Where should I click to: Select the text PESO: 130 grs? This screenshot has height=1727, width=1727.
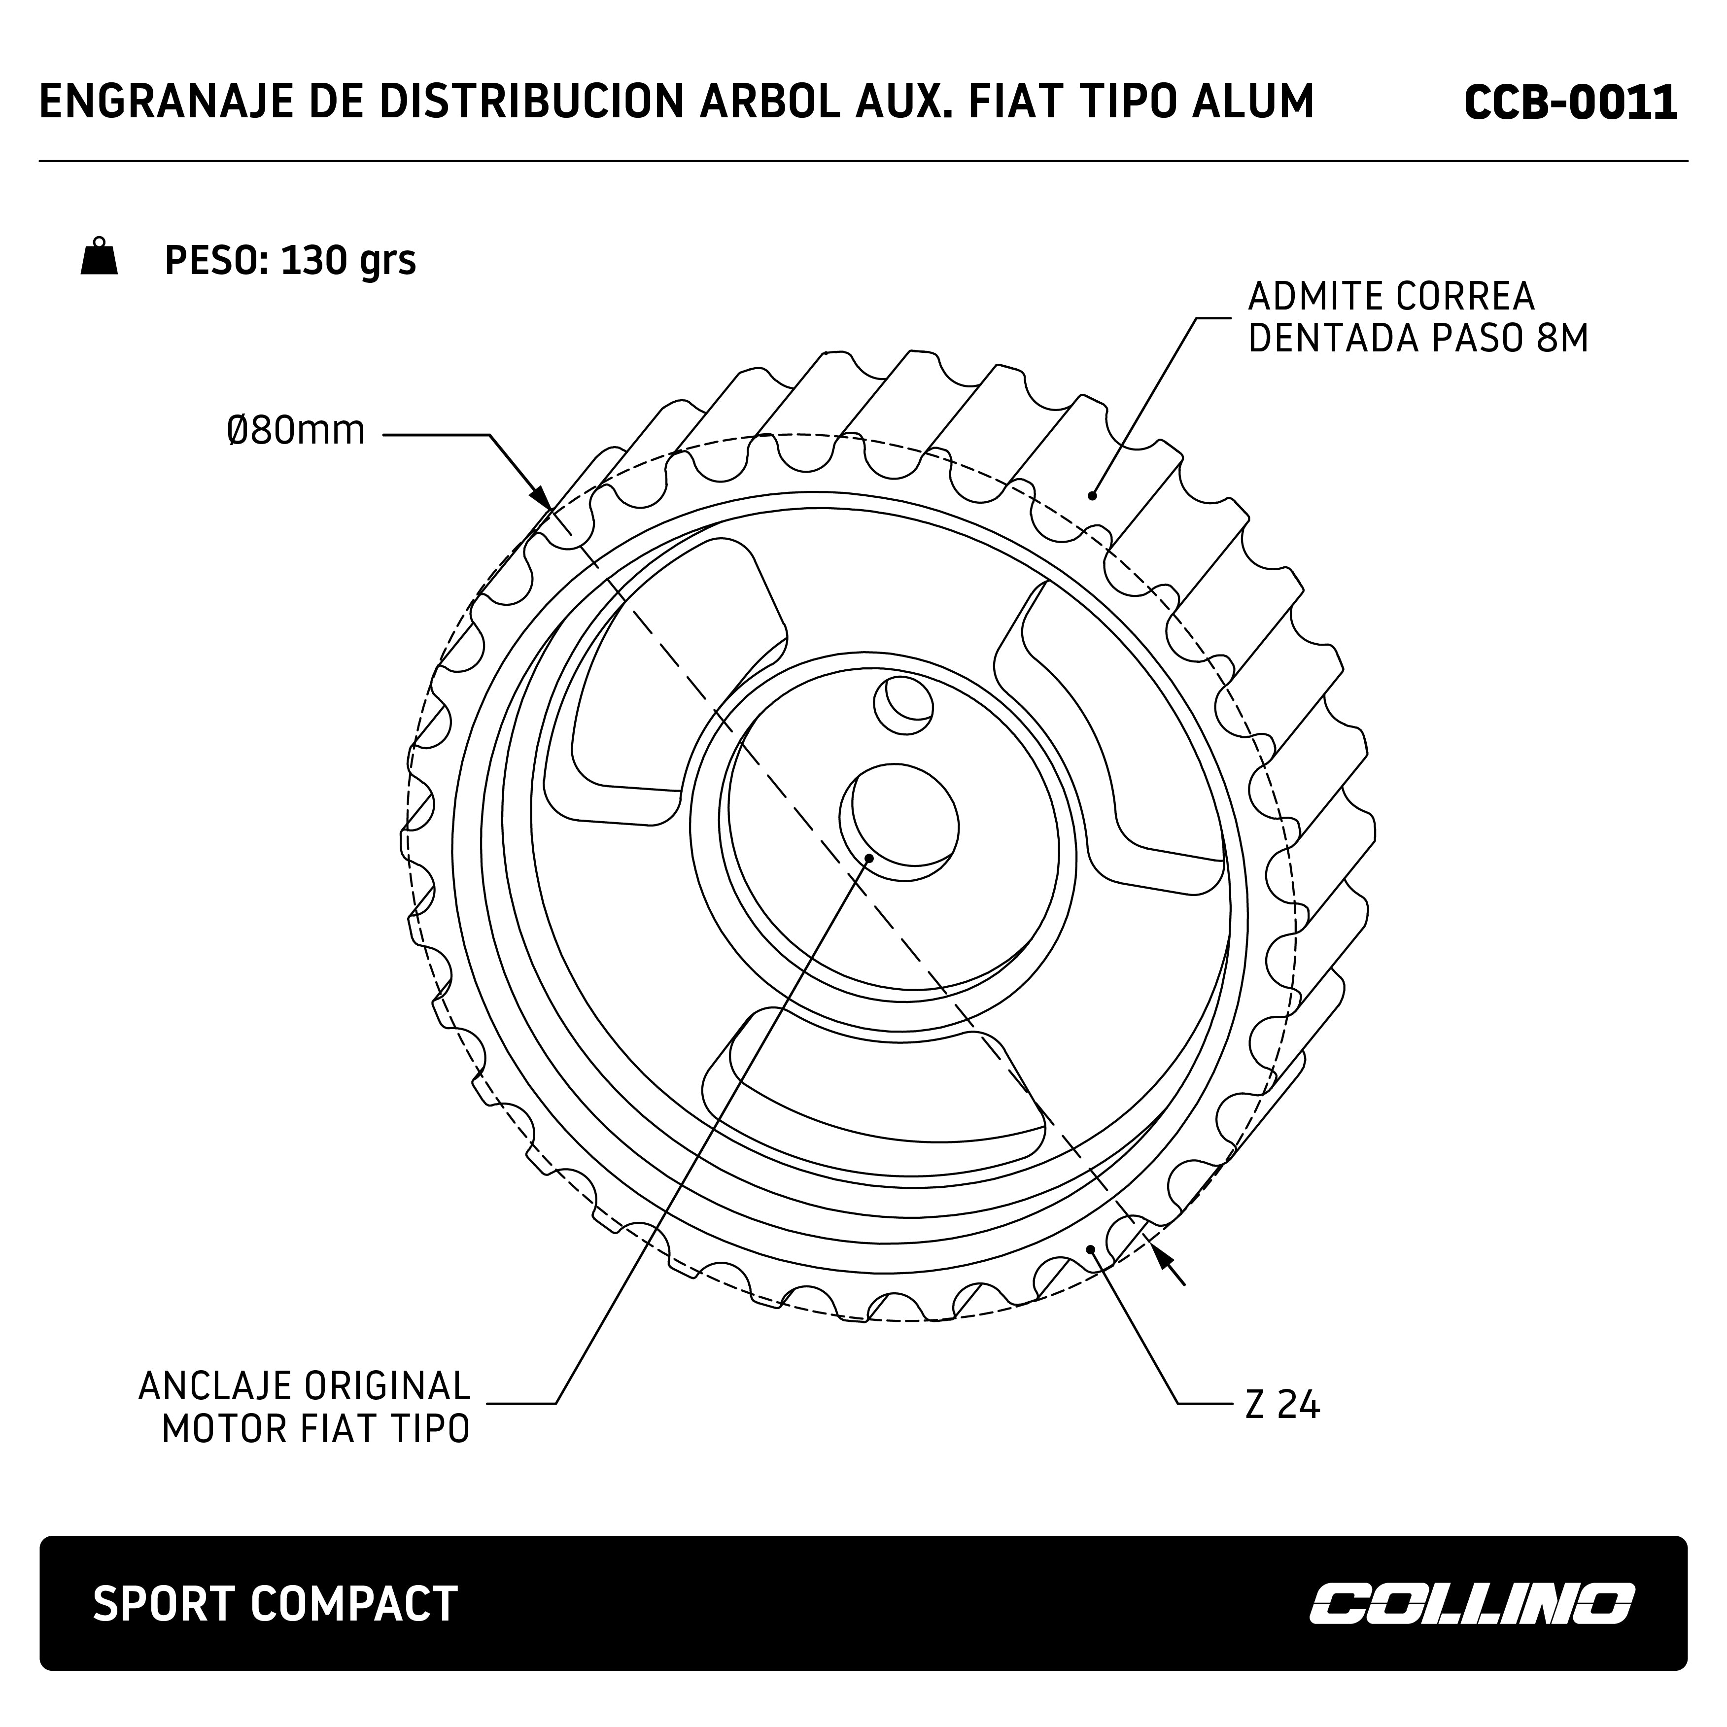point(290,260)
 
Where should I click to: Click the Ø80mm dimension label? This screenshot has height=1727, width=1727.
point(296,431)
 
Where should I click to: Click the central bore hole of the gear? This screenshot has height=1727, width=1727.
point(899,821)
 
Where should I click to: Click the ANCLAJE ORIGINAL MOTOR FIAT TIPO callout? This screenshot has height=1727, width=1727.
point(304,1406)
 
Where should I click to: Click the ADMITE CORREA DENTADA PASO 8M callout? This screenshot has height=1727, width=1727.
point(1417,317)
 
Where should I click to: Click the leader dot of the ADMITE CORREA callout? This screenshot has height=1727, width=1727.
point(1091,495)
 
